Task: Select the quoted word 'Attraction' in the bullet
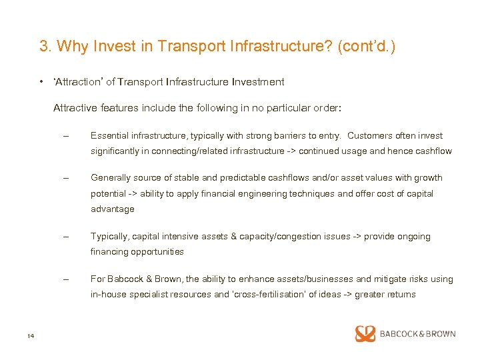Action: (x=77, y=82)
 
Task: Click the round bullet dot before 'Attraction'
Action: (x=41, y=82)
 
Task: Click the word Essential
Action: (x=108, y=135)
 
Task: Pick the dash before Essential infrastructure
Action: (x=65, y=136)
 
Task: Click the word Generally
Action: (x=110, y=178)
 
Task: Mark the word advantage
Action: (x=112, y=209)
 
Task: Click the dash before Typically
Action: (x=65, y=237)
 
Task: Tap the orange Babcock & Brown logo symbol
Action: (x=365, y=334)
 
